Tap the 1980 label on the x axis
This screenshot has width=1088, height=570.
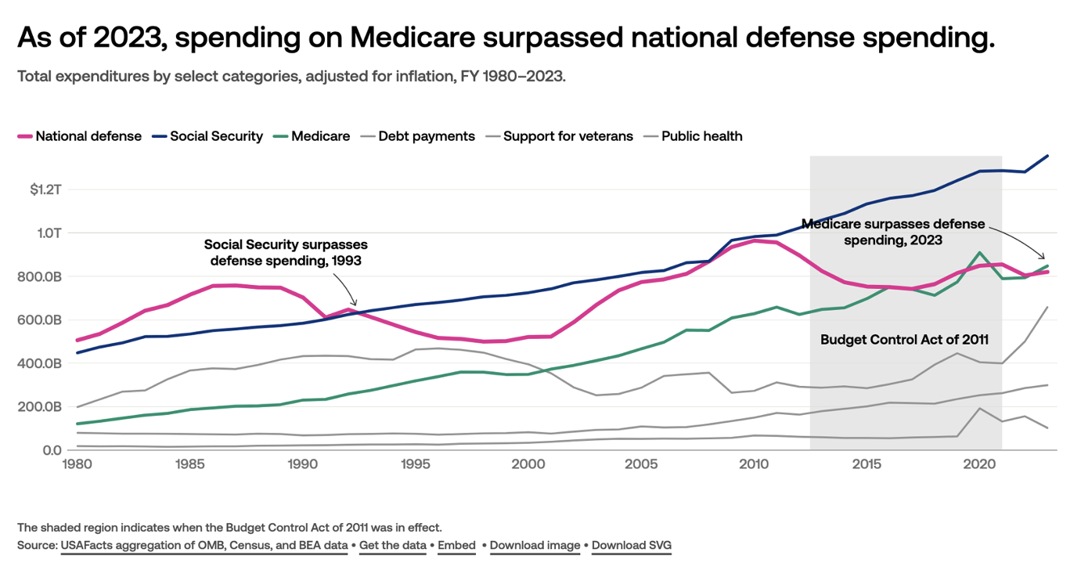tap(76, 464)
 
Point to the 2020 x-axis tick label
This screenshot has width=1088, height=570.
tap(978, 464)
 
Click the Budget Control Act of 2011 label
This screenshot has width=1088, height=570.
tap(904, 340)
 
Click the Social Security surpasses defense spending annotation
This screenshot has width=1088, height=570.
tap(285, 253)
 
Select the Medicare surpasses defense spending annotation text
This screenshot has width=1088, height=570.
tap(893, 233)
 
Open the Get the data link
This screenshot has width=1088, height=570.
tap(393, 545)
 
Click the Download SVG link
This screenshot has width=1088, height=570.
tap(632, 545)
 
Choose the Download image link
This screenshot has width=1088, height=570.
tap(535, 545)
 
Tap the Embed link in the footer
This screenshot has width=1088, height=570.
tap(457, 545)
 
